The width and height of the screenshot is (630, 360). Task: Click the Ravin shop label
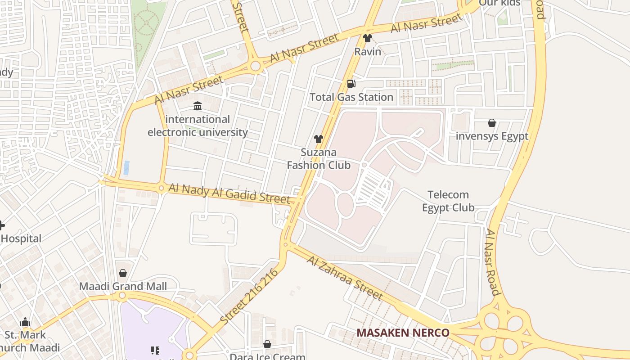click(x=368, y=51)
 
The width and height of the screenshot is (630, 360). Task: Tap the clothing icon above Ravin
click(x=368, y=38)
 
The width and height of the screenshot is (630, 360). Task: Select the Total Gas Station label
click(x=351, y=97)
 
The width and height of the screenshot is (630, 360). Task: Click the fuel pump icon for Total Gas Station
click(x=351, y=83)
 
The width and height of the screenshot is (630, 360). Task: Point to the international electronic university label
click(x=198, y=126)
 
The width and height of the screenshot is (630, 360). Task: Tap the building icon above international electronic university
click(x=198, y=106)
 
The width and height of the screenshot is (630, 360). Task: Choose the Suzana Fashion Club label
click(x=319, y=158)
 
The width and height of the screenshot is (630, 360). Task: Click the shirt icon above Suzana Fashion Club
click(x=319, y=139)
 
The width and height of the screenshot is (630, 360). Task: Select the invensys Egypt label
click(x=492, y=136)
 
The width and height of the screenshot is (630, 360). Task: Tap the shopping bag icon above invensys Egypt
click(x=492, y=123)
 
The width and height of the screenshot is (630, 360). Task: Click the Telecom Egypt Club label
click(x=448, y=201)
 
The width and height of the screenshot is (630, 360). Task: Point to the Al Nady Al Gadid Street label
click(x=229, y=193)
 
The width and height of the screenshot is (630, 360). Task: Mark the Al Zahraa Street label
click(x=345, y=278)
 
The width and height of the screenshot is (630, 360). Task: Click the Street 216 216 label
click(x=249, y=297)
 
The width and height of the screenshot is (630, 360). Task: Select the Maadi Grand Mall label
click(x=123, y=286)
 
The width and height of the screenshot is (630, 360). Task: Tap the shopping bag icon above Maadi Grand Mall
click(x=123, y=273)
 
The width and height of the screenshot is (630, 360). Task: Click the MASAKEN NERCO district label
click(x=403, y=333)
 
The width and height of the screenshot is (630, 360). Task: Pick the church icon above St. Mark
click(x=25, y=322)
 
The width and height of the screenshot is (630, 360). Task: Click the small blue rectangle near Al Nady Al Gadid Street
click(x=126, y=168)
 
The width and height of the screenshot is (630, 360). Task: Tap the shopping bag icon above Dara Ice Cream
click(x=267, y=344)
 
